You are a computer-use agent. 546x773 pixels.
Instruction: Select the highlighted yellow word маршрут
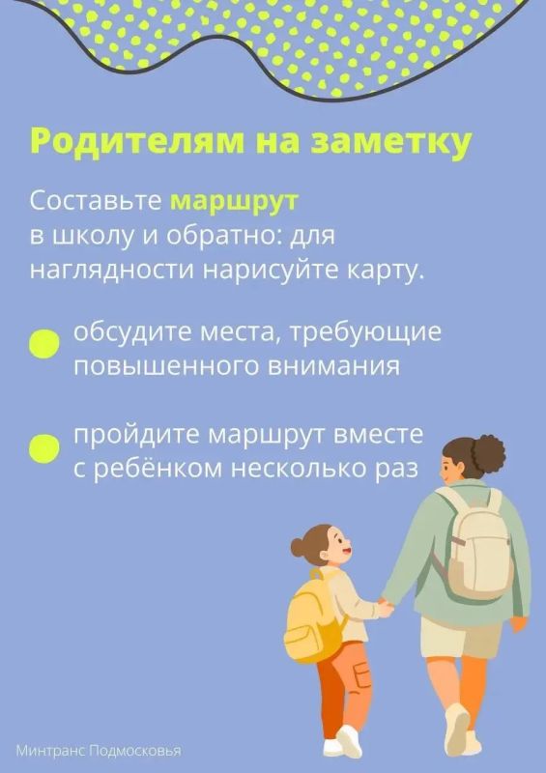[x=234, y=202]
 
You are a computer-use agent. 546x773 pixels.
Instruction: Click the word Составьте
[x=96, y=200]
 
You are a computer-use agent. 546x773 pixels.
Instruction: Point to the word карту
[x=387, y=271]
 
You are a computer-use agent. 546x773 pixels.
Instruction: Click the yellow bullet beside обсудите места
[x=43, y=343]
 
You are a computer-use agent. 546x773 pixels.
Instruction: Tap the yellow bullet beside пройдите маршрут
[x=43, y=448]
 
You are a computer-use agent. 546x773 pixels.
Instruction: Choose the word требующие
[x=365, y=333]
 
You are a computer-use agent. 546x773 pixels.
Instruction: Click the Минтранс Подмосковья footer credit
[x=99, y=751]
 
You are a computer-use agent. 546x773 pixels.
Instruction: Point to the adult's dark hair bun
[x=488, y=454]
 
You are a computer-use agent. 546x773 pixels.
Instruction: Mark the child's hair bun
[x=298, y=546]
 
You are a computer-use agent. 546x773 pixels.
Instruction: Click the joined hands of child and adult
[x=387, y=607]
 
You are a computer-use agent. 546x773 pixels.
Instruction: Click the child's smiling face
[x=338, y=546]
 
